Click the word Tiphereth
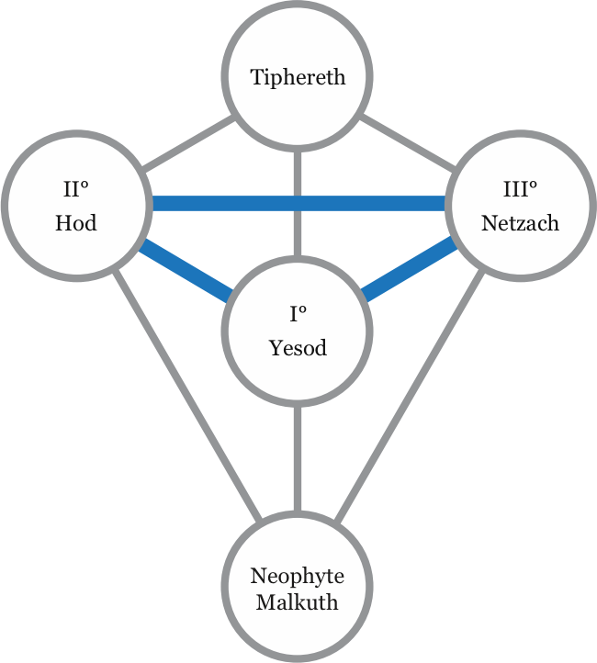[x=298, y=76]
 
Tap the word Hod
[x=76, y=223]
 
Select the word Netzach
[x=520, y=223]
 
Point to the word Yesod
[x=298, y=348]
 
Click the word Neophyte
[x=298, y=577]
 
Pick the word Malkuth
[x=298, y=603]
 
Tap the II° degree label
[x=76, y=190]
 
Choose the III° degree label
[x=520, y=190]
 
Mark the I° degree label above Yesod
[x=298, y=316]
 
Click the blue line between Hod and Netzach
[x=298, y=204]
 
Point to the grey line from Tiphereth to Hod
[x=187, y=144]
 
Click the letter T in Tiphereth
[x=258, y=76]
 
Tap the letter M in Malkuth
[x=265, y=603]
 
